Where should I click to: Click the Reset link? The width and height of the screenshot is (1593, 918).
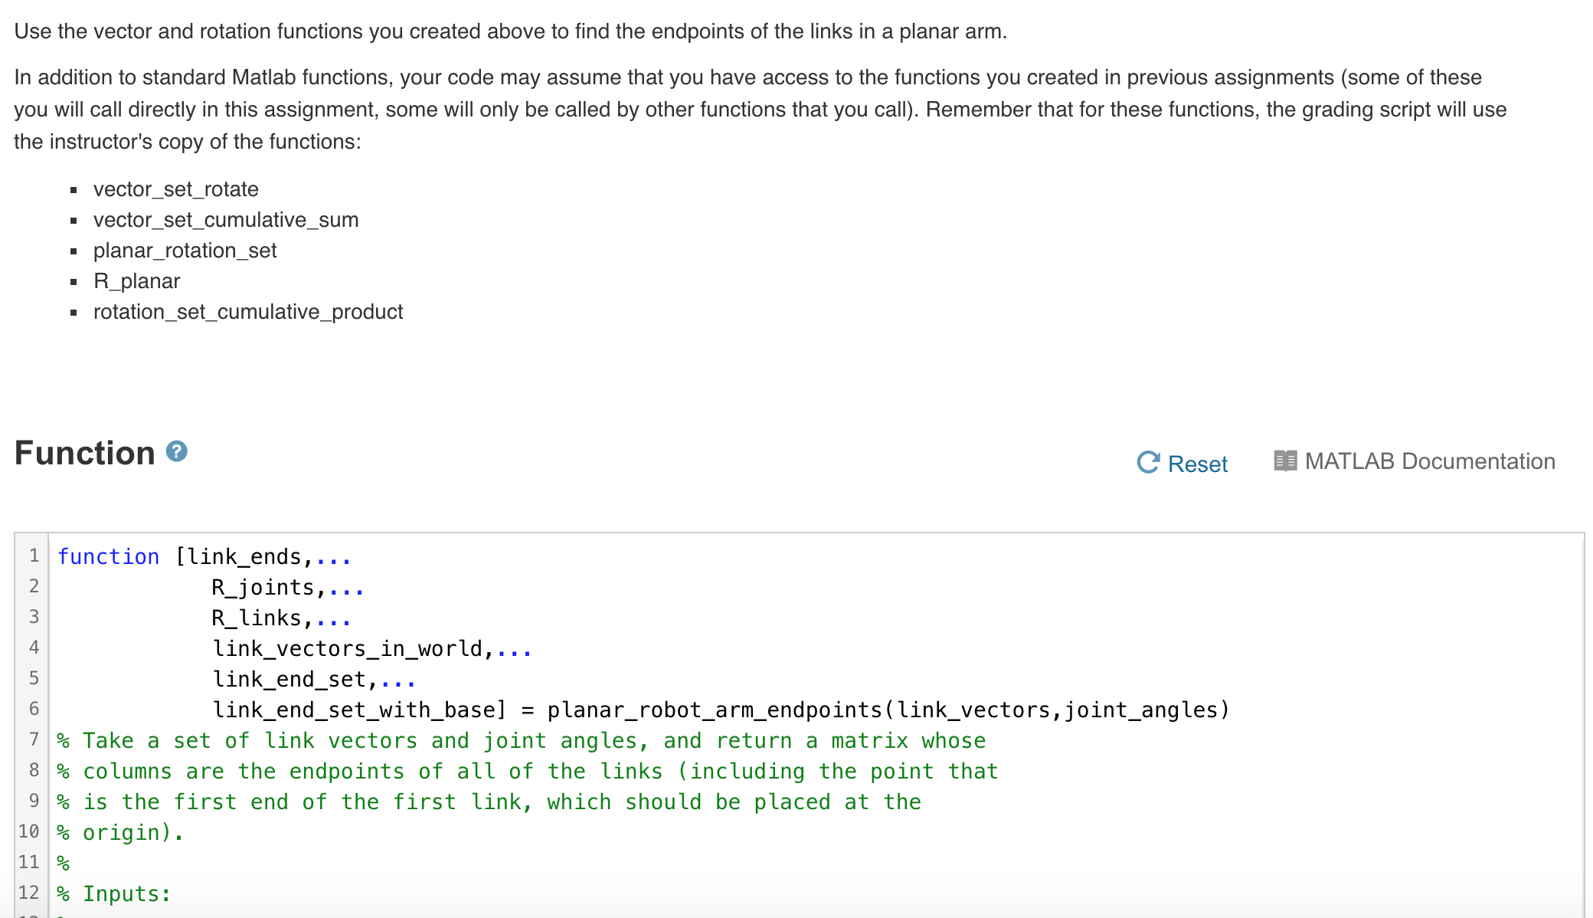1197,464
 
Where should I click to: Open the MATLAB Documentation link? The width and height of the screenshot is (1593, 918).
1429,461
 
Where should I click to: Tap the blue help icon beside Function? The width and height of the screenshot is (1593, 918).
177,451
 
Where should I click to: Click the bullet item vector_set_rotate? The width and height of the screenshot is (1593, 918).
175,189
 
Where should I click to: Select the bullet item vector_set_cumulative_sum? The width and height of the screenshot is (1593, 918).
226,220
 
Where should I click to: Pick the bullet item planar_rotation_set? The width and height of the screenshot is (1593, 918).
185,251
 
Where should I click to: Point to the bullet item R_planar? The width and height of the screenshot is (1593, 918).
136,281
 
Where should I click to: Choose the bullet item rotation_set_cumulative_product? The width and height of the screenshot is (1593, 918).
248,312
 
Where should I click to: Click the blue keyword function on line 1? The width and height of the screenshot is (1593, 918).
109,557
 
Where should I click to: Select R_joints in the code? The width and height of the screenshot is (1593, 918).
263,588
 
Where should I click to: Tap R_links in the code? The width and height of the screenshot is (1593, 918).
257,618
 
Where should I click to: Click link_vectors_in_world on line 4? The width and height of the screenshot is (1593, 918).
348,649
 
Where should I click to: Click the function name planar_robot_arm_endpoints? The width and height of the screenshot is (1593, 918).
715,710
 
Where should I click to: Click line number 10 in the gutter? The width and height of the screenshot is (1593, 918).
29,831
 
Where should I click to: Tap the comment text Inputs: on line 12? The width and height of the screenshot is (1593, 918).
126,894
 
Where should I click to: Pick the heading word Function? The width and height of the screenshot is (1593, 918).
85,453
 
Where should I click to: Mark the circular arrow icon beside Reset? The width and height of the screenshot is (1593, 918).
1148,462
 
